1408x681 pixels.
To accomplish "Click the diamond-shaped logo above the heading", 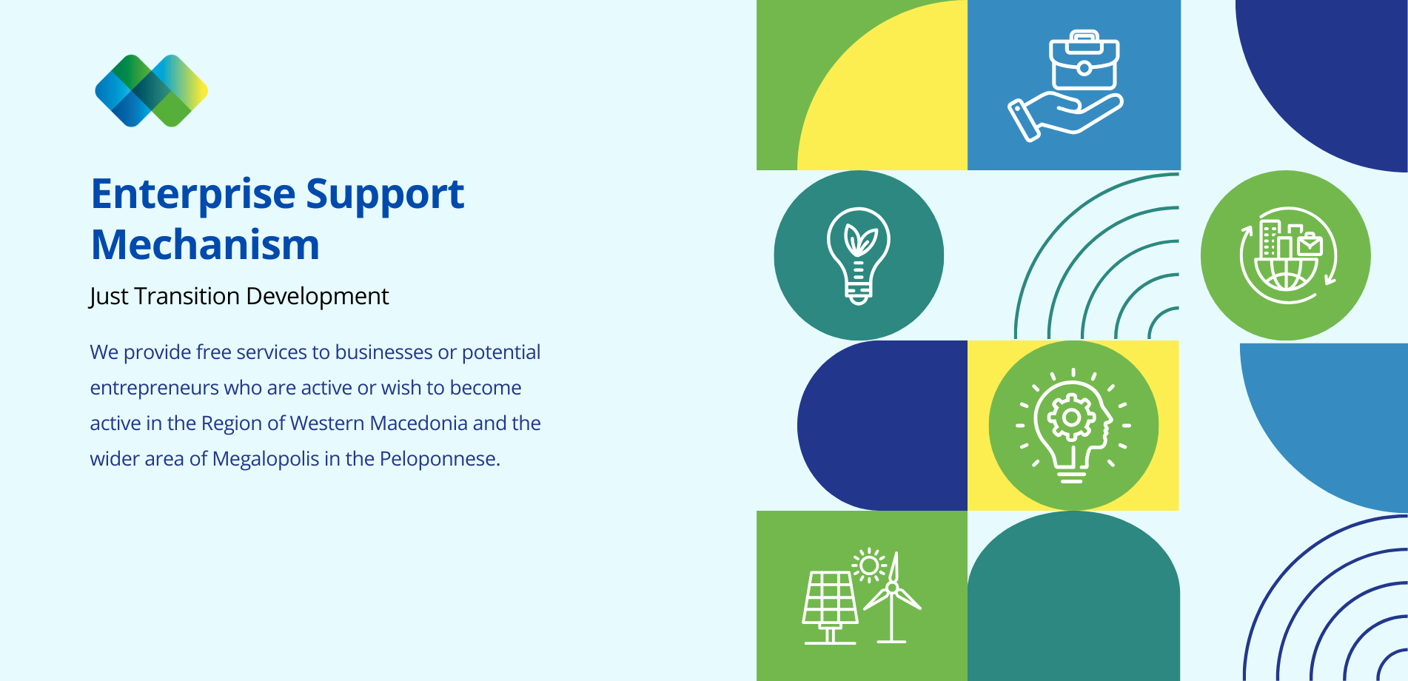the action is tap(152, 90).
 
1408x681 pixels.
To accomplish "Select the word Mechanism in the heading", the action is tap(205, 244).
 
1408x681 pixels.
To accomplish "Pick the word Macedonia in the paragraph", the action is tap(418, 423).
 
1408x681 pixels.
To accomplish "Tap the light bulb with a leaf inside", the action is tap(859, 255).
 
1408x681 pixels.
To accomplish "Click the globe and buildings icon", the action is tap(1288, 255).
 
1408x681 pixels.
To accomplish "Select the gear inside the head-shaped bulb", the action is tap(1071, 418).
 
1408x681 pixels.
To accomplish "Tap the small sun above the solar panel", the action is tap(869, 566).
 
